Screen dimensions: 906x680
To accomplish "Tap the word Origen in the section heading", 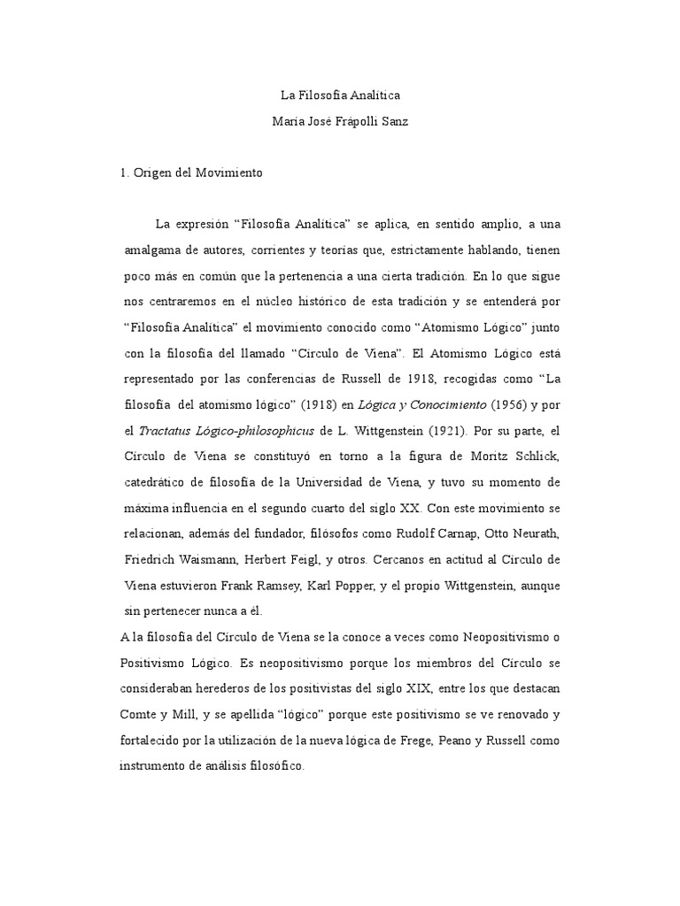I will coord(155,174).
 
